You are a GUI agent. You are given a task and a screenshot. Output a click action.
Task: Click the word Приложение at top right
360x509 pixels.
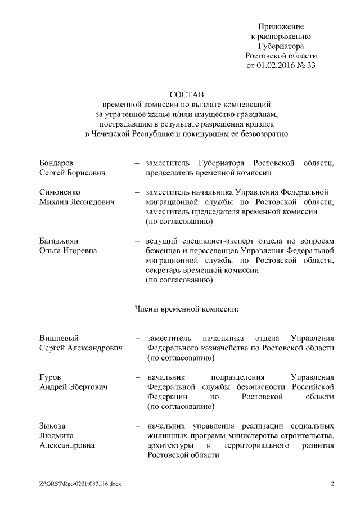[x=281, y=26]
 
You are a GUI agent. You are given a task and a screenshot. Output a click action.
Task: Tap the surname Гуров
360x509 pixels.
[x=50, y=377]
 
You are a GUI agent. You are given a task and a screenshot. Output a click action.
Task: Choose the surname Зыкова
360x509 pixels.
[x=53, y=426]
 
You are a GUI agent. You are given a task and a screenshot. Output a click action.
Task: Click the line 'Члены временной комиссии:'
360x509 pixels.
[x=187, y=309]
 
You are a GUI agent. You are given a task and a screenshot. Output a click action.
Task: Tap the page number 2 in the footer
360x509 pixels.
[x=332, y=484]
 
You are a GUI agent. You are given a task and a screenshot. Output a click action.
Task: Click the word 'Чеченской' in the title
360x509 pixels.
[x=115, y=134]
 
